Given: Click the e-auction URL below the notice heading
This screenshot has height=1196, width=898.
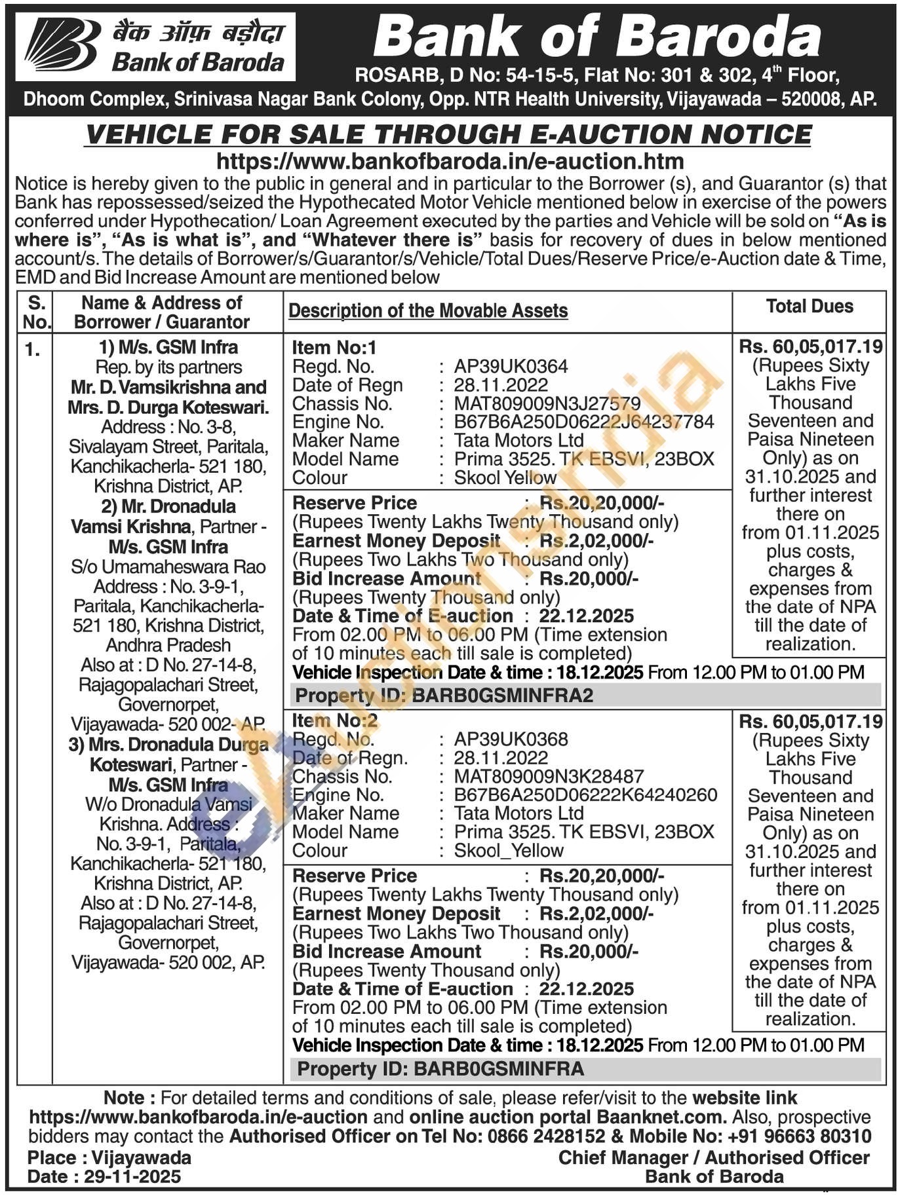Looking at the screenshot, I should coord(450,161).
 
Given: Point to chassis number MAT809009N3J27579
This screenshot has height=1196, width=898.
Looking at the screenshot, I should coord(547,403).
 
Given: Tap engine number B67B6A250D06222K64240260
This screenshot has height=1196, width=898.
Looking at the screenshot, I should coord(585,795).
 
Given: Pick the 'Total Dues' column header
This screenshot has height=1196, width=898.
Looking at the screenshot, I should coord(810,307).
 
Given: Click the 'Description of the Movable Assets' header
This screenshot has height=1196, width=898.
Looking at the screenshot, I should coord(428,310).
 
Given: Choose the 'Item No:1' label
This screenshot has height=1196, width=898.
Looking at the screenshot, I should coord(334,348).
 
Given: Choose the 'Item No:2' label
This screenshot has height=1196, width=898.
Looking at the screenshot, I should coord(334,721).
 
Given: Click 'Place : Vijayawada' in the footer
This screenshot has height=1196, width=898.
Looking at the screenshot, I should coord(109,1157).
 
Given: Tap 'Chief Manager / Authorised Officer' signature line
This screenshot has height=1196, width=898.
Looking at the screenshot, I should coord(713,1157).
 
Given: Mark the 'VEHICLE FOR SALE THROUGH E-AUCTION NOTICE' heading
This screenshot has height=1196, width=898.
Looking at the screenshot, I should coord(449,135).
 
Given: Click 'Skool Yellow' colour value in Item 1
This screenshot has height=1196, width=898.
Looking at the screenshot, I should coord(505,477).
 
